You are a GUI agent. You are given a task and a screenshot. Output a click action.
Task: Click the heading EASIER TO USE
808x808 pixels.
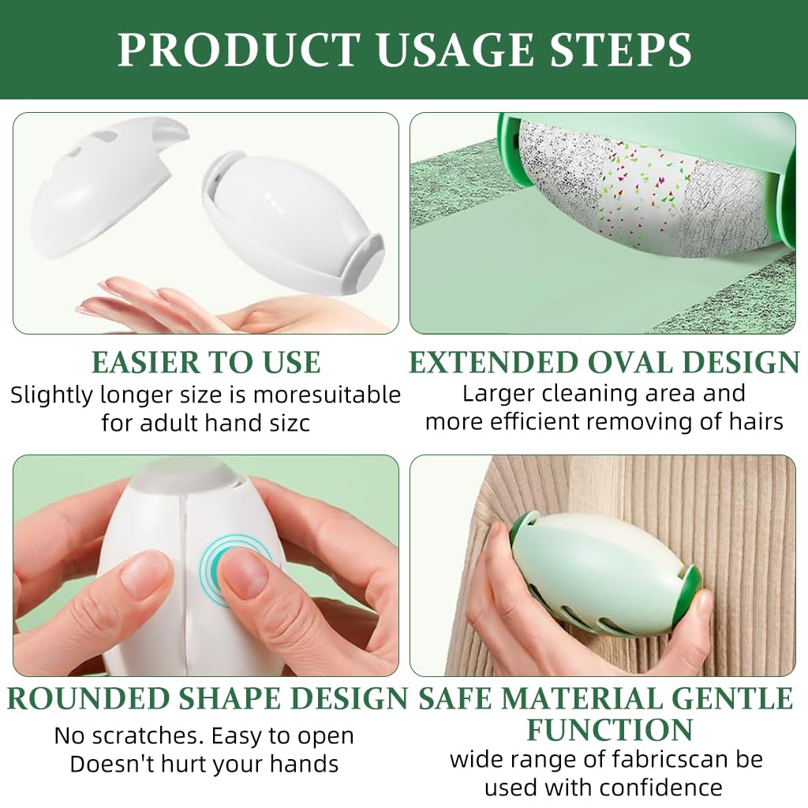click(x=206, y=362)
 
